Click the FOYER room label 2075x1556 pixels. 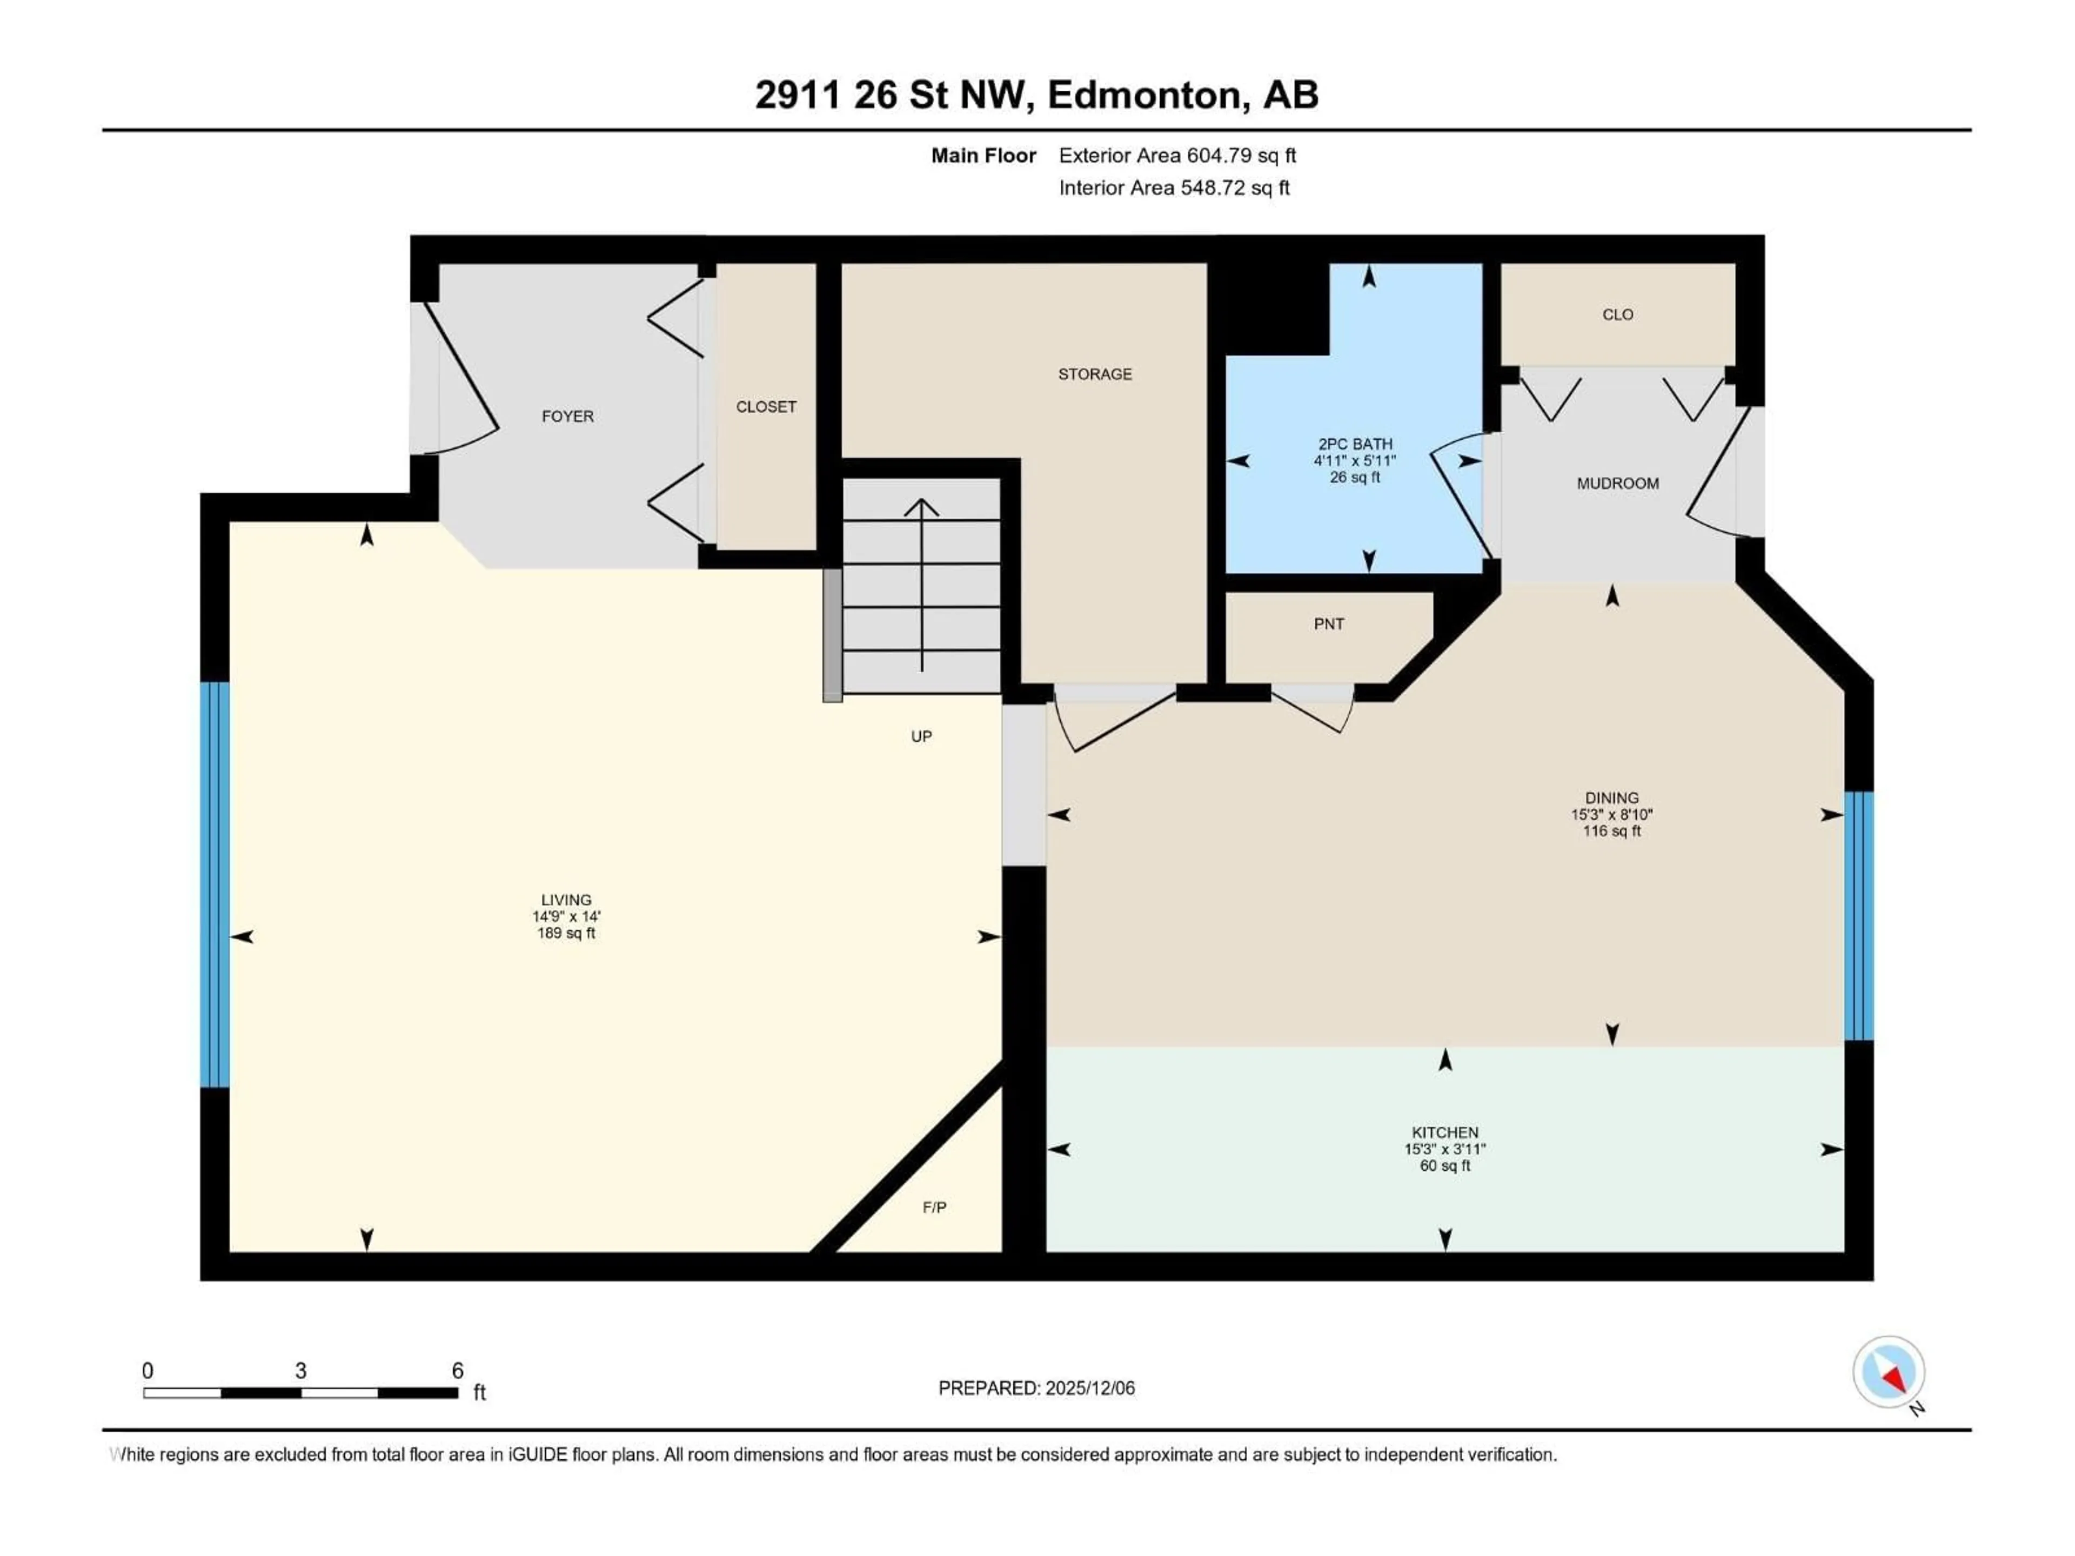pyautogui.click(x=567, y=417)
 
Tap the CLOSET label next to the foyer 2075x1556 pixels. pyautogui.click(x=766, y=407)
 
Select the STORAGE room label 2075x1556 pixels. pyautogui.click(x=1095, y=374)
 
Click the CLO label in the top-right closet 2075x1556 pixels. pyautogui.click(x=1617, y=315)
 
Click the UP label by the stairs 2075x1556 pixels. pyautogui.click(x=921, y=737)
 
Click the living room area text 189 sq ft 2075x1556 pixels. pyautogui.click(x=566, y=933)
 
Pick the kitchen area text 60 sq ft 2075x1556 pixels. pyautogui.click(x=1444, y=1166)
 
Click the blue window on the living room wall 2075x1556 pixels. pyautogui.click(x=215, y=884)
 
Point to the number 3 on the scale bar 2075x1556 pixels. pyautogui.click(x=300, y=1371)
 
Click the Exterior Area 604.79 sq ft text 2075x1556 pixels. pyautogui.click(x=1177, y=156)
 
